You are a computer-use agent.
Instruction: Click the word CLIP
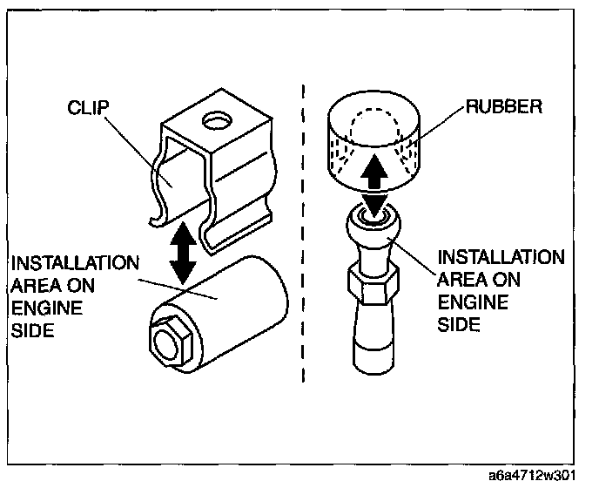pos(87,110)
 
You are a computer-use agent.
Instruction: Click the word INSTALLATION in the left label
pos(73,263)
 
